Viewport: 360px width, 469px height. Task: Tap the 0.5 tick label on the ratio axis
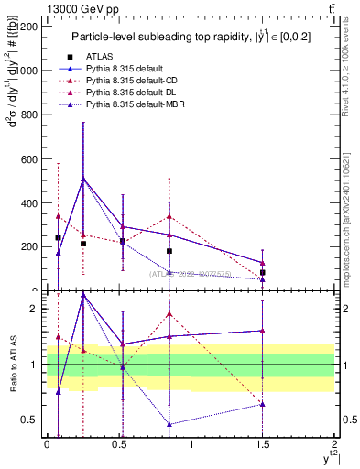30,420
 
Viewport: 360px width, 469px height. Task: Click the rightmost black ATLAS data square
263,273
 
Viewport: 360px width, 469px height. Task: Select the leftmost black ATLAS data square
58,238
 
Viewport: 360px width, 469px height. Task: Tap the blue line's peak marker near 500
83,180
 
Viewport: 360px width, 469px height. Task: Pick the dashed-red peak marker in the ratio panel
170,314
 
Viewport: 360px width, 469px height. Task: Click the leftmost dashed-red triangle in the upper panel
58,216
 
